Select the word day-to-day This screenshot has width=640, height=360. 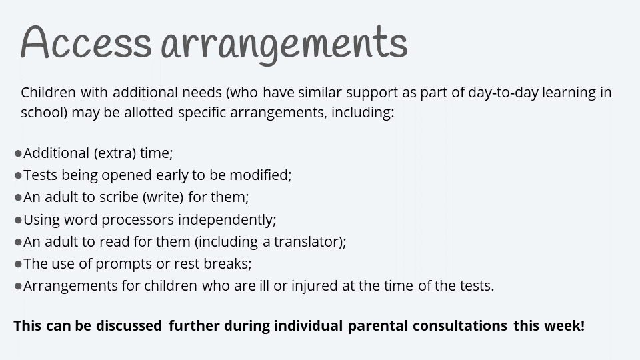[x=503, y=93]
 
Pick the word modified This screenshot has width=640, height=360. [x=261, y=175]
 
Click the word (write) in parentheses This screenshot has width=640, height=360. [x=163, y=197]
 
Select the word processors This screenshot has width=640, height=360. [x=137, y=220]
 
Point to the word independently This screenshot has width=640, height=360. [x=227, y=220]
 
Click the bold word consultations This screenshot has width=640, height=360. [x=460, y=326]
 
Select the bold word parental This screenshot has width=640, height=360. [x=378, y=326]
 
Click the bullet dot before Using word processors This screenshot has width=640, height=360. [x=18, y=221]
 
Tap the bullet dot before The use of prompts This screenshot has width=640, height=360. [x=18, y=265]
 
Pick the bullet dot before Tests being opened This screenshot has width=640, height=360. [x=18, y=175]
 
